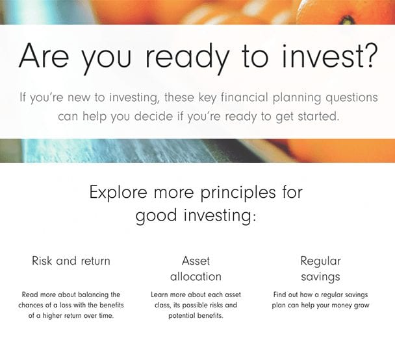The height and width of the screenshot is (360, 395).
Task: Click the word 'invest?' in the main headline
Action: click(x=329, y=56)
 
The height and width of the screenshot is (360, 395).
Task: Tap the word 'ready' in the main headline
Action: click(x=187, y=59)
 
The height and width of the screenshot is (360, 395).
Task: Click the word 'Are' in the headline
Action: click(x=44, y=56)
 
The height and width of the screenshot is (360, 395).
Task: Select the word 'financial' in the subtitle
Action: click(x=244, y=97)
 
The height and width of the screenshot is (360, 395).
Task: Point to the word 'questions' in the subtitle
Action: click(x=351, y=98)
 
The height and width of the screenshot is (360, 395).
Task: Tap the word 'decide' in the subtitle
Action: click(x=153, y=116)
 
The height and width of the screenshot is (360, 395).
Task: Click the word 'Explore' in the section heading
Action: click(x=118, y=193)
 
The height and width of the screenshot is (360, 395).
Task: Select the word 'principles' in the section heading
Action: click(x=238, y=193)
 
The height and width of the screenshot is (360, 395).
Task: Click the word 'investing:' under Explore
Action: click(x=220, y=217)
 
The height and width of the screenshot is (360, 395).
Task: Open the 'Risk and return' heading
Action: click(x=71, y=261)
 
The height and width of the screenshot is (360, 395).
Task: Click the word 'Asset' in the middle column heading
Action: click(x=196, y=261)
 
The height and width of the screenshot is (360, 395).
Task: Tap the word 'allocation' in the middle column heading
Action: click(x=196, y=276)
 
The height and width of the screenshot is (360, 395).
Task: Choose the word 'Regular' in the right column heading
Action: click(x=320, y=261)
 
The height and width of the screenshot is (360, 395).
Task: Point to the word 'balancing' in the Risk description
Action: click(x=93, y=295)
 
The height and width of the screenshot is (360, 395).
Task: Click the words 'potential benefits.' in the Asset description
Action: click(x=196, y=316)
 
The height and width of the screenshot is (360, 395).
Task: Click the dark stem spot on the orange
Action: click(x=348, y=19)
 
